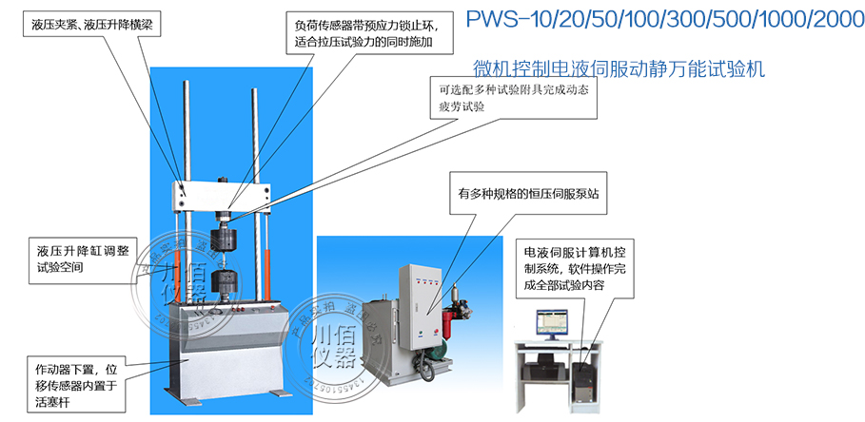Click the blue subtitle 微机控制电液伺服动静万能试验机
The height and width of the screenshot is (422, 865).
point(619,69)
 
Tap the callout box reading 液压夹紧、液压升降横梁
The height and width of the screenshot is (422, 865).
point(87,28)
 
